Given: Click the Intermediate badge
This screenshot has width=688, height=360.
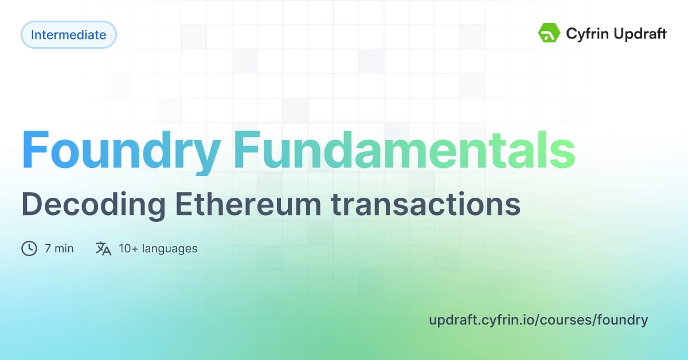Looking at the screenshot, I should [69, 35].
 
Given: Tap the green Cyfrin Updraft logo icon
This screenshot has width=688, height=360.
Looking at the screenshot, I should [549, 33].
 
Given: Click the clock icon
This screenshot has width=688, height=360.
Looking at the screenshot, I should [29, 248].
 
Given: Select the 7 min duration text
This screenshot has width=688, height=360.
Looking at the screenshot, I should [59, 248].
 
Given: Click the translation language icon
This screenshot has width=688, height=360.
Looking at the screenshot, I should [103, 248].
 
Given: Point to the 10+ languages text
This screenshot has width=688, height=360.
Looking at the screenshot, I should [158, 248].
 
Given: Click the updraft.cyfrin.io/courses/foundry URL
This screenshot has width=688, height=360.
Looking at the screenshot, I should [538, 320].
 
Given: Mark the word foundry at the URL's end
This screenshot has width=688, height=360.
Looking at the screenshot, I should [623, 320].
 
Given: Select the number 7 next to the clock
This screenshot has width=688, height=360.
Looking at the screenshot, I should [48, 248].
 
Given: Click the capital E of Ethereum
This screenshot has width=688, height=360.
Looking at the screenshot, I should [183, 204].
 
